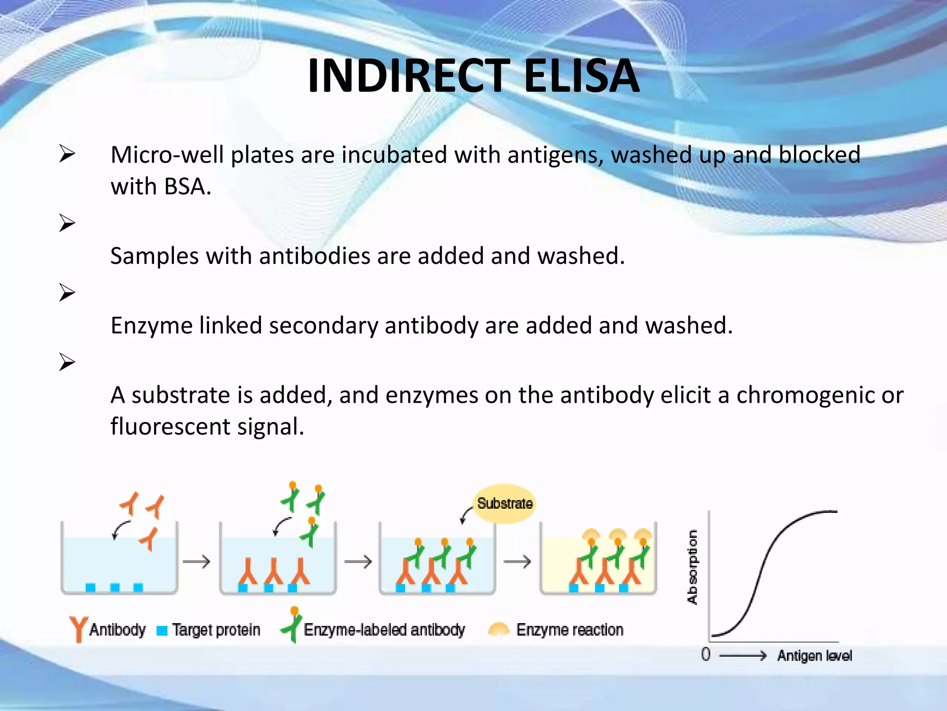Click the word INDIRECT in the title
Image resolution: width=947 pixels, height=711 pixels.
click(x=408, y=75)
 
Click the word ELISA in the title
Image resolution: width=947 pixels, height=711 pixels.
click(x=582, y=75)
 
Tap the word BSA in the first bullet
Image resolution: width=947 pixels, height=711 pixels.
click(x=184, y=187)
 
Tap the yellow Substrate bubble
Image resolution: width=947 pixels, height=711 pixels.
click(x=504, y=504)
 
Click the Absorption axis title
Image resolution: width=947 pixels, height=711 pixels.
click(x=692, y=567)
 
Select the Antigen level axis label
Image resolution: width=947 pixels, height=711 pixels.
click(x=814, y=656)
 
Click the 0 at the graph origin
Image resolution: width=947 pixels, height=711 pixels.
click(x=705, y=655)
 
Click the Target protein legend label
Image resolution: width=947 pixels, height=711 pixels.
click(x=216, y=630)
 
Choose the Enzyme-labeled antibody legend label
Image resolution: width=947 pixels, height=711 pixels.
click(x=384, y=630)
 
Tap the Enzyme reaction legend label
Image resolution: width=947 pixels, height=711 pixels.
click(x=569, y=630)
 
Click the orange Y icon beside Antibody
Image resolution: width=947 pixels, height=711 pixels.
click(x=78, y=629)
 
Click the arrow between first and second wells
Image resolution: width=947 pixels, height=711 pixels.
click(x=197, y=562)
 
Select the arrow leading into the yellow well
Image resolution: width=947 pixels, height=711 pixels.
click(x=517, y=562)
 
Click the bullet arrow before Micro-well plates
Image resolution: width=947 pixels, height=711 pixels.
click(x=67, y=154)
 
